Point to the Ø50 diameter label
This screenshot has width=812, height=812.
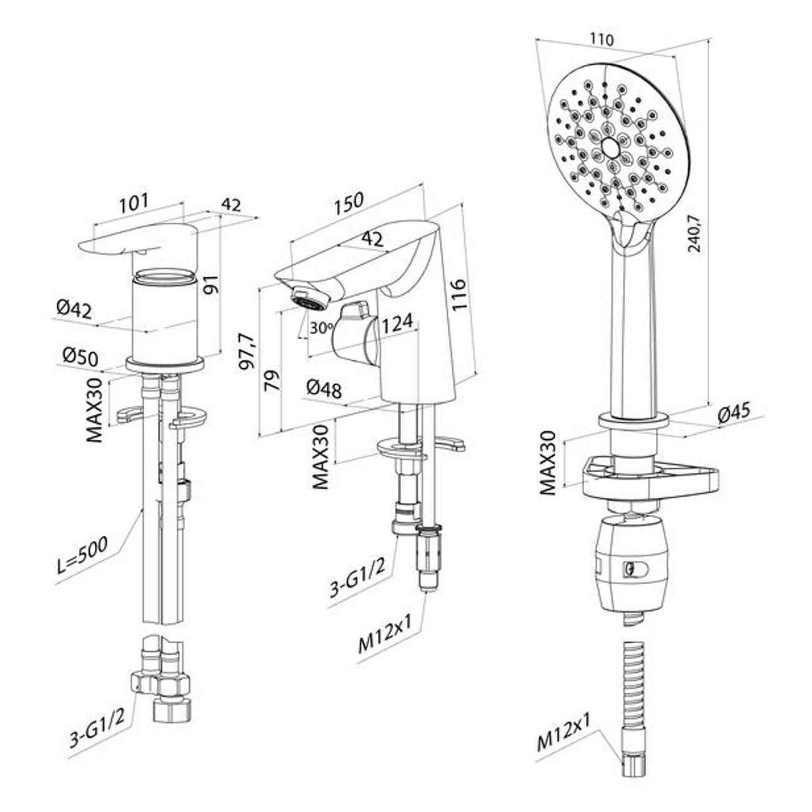pos(80,357)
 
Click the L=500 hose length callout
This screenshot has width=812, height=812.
pos(82,555)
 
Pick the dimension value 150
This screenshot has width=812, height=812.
pos(349,201)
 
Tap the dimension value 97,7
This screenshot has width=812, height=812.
pos(247,351)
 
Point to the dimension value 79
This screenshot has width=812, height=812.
pos(272,380)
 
